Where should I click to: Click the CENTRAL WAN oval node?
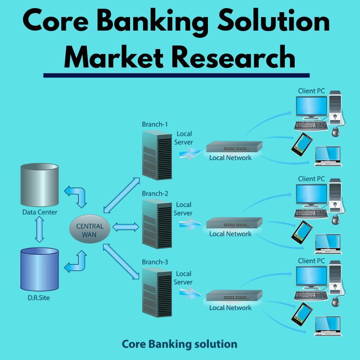[x=90, y=229]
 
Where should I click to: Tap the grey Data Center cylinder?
[x=40, y=185]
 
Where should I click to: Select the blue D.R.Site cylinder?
[x=40, y=269]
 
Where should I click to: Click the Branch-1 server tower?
[x=157, y=155]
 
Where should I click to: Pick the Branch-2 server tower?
[x=157, y=224]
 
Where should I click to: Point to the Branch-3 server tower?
[x=157, y=293]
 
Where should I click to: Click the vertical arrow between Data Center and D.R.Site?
[x=40, y=229]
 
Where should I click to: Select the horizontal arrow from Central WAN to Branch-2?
[x=126, y=227]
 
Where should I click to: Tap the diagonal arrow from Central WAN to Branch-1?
[x=121, y=195]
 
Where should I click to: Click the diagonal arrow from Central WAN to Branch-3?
[x=121, y=261]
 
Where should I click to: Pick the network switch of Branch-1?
[x=234, y=147]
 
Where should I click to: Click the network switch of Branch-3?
[x=234, y=296]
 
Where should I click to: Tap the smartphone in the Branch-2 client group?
[x=302, y=232]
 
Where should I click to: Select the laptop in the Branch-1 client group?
[x=328, y=156]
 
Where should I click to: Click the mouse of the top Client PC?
[x=336, y=132]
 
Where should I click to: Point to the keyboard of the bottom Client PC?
[x=311, y=296]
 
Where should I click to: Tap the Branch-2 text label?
[x=155, y=193]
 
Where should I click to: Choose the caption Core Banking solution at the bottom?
[x=180, y=344]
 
